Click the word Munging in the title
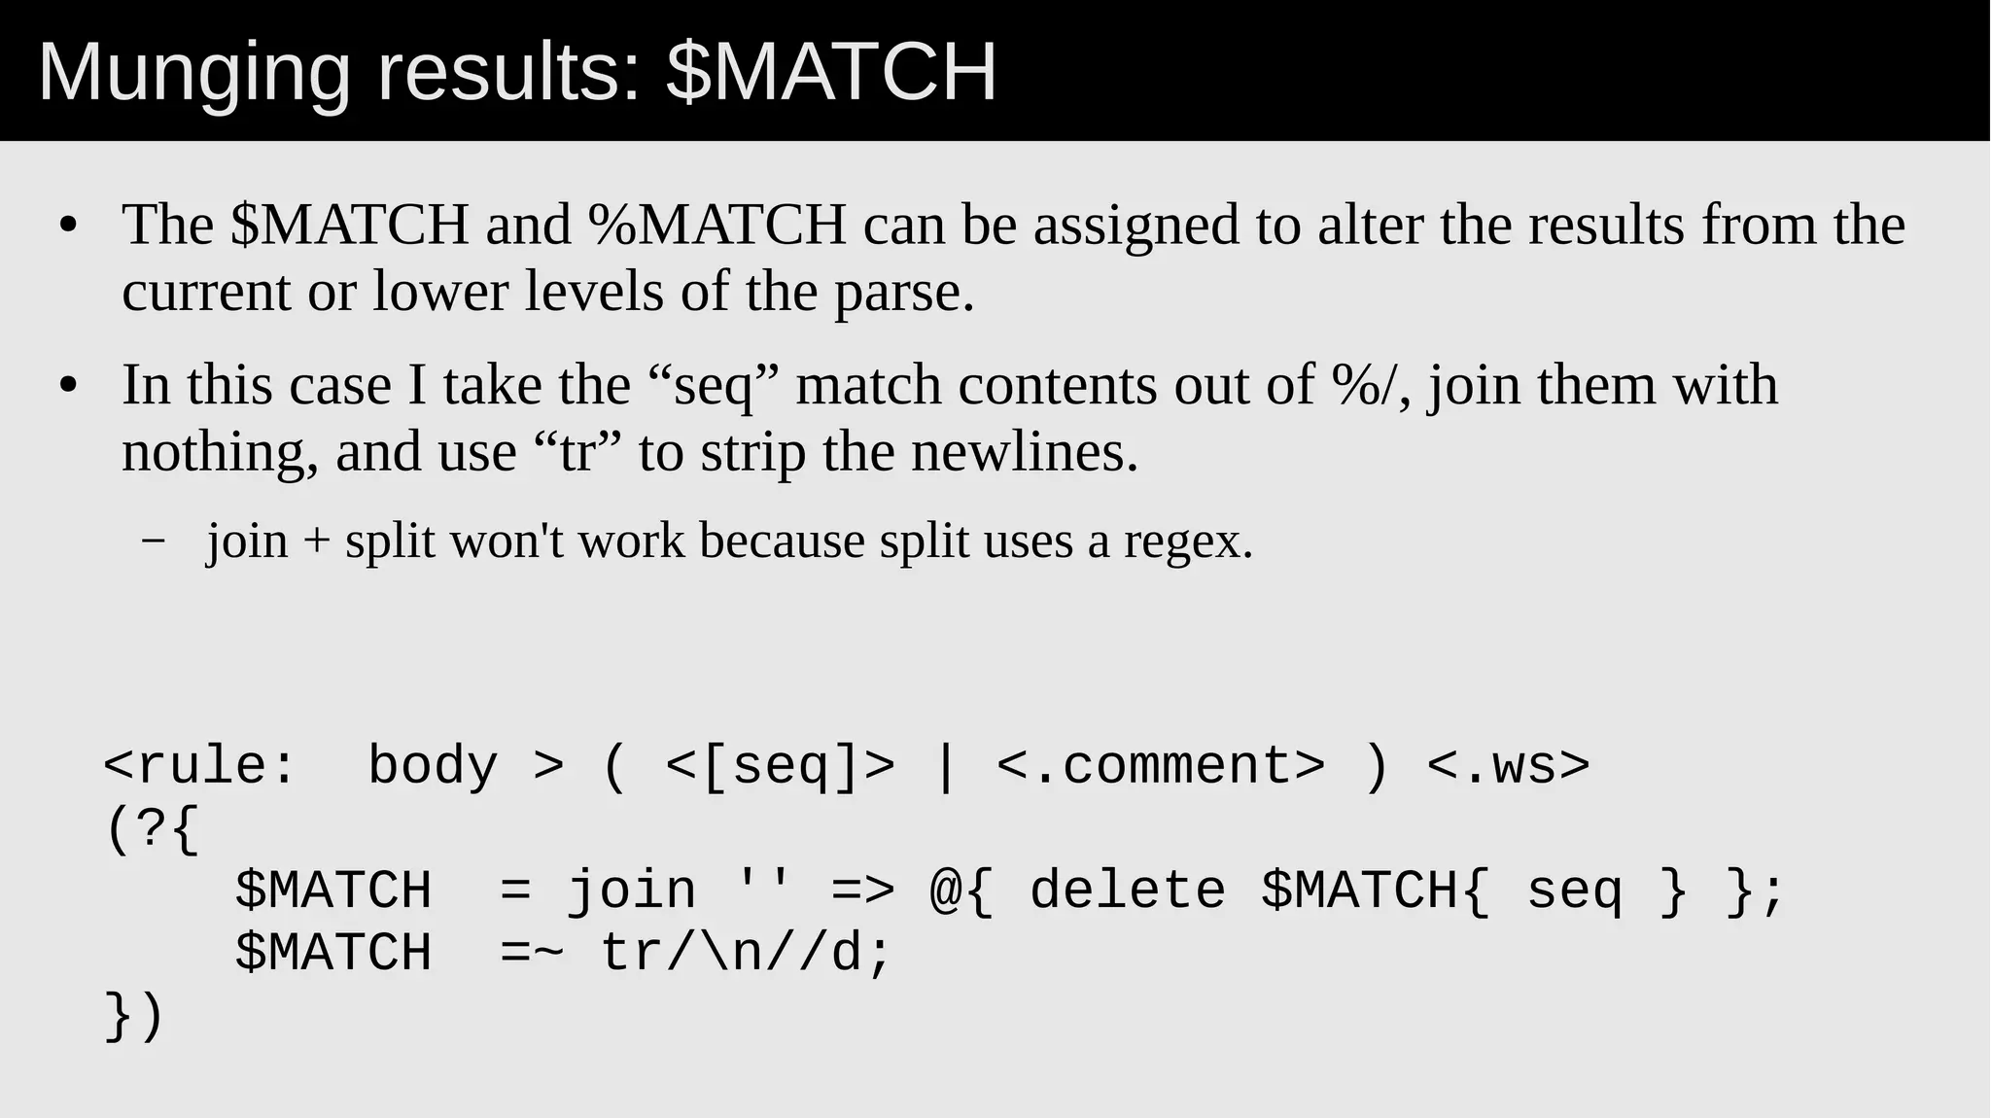(x=193, y=73)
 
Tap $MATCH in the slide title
(x=832, y=73)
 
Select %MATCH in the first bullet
(x=716, y=225)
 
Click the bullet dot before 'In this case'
(x=67, y=386)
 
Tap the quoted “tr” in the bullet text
(x=577, y=452)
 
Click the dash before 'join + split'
(x=153, y=542)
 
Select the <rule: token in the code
(x=199, y=765)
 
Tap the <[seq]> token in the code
(x=780, y=765)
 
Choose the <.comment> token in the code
(x=1161, y=765)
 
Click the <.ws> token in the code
(x=1508, y=765)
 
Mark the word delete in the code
(x=1128, y=891)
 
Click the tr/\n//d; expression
(x=746, y=953)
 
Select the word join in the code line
(x=632, y=891)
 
